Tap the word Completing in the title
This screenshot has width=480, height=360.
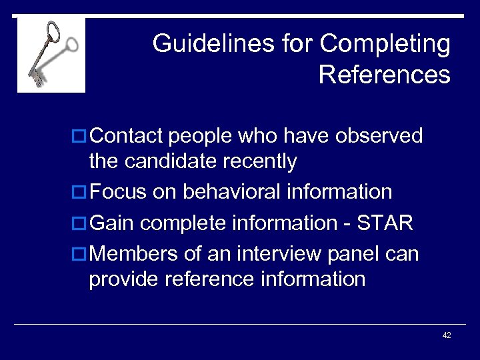(385, 45)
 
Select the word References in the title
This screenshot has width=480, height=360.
(385, 75)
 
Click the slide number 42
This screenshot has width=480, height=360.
(447, 335)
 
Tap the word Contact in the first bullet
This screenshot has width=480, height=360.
(126, 136)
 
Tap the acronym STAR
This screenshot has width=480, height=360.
(387, 223)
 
